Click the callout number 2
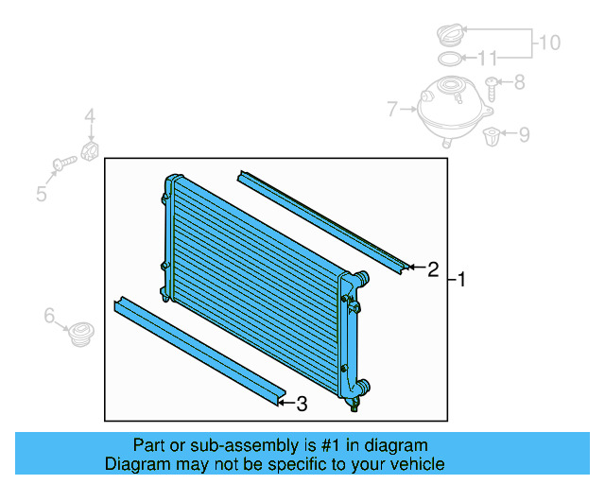[433, 269]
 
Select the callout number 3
[302, 405]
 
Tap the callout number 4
[90, 117]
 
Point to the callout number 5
[42, 195]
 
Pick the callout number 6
[49, 316]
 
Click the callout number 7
[392, 111]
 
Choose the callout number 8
[519, 83]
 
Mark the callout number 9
[523, 134]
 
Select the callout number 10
[549, 42]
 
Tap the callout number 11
[487, 59]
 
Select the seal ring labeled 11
[452, 59]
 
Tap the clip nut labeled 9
[493, 138]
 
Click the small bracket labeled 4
[92, 150]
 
